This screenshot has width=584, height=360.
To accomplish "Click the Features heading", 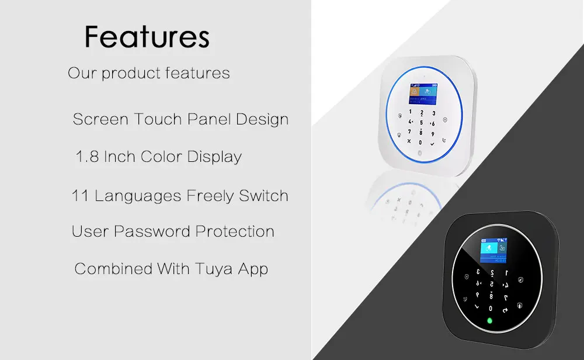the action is pos(147,37).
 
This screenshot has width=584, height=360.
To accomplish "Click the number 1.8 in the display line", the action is pos(87,157).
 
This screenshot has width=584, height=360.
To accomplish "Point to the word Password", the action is pos(152,231).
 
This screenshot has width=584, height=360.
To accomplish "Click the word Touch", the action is pos(158,119).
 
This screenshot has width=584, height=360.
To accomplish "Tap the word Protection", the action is pos(235,231).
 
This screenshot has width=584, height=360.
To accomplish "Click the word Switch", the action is pos(263,196).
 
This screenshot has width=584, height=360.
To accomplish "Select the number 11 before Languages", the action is pos(79,196).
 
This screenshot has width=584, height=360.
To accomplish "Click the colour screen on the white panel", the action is pos(423,94).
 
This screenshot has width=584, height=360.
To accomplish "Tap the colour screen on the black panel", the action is pos(493,251).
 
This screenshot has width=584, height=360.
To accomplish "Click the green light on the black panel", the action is pos(490,320).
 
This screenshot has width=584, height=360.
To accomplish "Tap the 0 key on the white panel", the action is pos(420,143).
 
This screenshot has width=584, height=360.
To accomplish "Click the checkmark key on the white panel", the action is pos(432,144).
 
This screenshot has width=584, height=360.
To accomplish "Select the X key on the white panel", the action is pos(409,141).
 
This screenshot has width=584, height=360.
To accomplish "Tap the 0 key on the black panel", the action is pos(491,309).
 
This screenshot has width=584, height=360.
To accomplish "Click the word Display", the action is pos(214,157).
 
